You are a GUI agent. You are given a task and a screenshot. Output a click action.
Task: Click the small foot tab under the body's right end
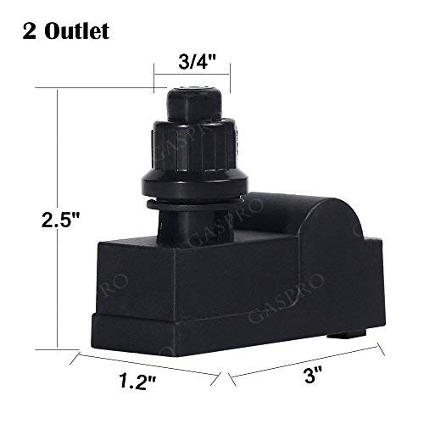click(x=343, y=337)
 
